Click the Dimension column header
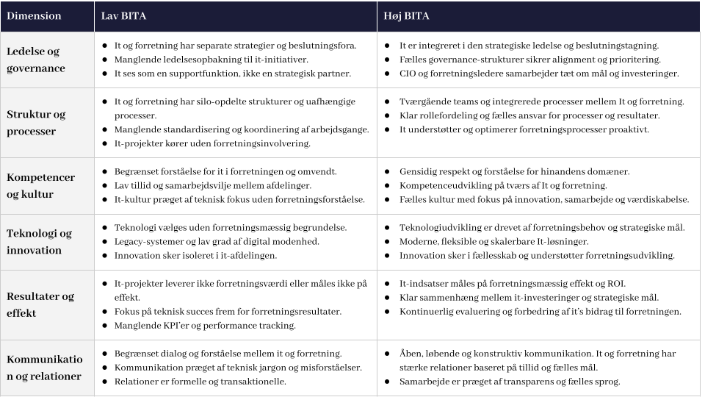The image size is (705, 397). [34, 16]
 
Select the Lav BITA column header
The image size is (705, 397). [123, 16]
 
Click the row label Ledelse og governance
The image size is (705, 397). [35, 60]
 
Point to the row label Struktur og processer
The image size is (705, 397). [35, 123]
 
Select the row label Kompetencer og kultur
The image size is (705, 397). [41, 186]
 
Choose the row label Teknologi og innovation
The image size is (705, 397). [39, 242]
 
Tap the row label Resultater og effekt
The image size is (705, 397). [40, 304]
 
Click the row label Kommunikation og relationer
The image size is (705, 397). [45, 368]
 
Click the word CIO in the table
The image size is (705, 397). [408, 74]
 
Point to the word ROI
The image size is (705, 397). [615, 284]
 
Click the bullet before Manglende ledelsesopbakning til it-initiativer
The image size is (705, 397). [105, 60]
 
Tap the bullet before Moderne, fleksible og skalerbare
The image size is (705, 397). [389, 242]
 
